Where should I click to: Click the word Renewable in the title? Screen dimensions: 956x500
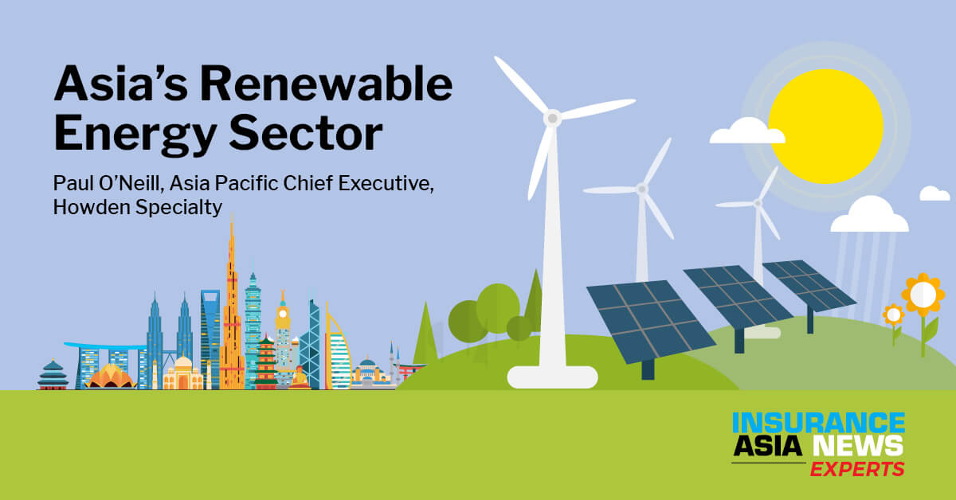click(x=327, y=84)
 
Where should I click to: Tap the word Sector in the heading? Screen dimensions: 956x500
click(x=306, y=132)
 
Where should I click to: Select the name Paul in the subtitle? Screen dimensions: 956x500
click(x=72, y=183)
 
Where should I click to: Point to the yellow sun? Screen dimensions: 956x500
click(x=826, y=127)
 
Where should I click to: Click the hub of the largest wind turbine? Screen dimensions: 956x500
click(x=552, y=118)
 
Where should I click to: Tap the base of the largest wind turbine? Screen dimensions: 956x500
click(x=552, y=377)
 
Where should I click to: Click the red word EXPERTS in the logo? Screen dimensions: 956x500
click(x=857, y=469)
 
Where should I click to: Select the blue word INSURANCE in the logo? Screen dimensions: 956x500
click(x=819, y=424)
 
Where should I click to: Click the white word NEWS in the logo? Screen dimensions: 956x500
click(x=858, y=446)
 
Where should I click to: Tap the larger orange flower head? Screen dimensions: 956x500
click(x=923, y=295)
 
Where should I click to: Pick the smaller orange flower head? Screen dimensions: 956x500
click(x=893, y=315)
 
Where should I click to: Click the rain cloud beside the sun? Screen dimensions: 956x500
click(x=869, y=216)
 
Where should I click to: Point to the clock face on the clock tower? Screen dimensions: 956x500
click(x=283, y=314)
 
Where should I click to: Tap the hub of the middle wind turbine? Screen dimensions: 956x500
click(x=641, y=189)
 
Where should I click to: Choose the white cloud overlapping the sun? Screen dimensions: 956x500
click(x=747, y=131)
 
